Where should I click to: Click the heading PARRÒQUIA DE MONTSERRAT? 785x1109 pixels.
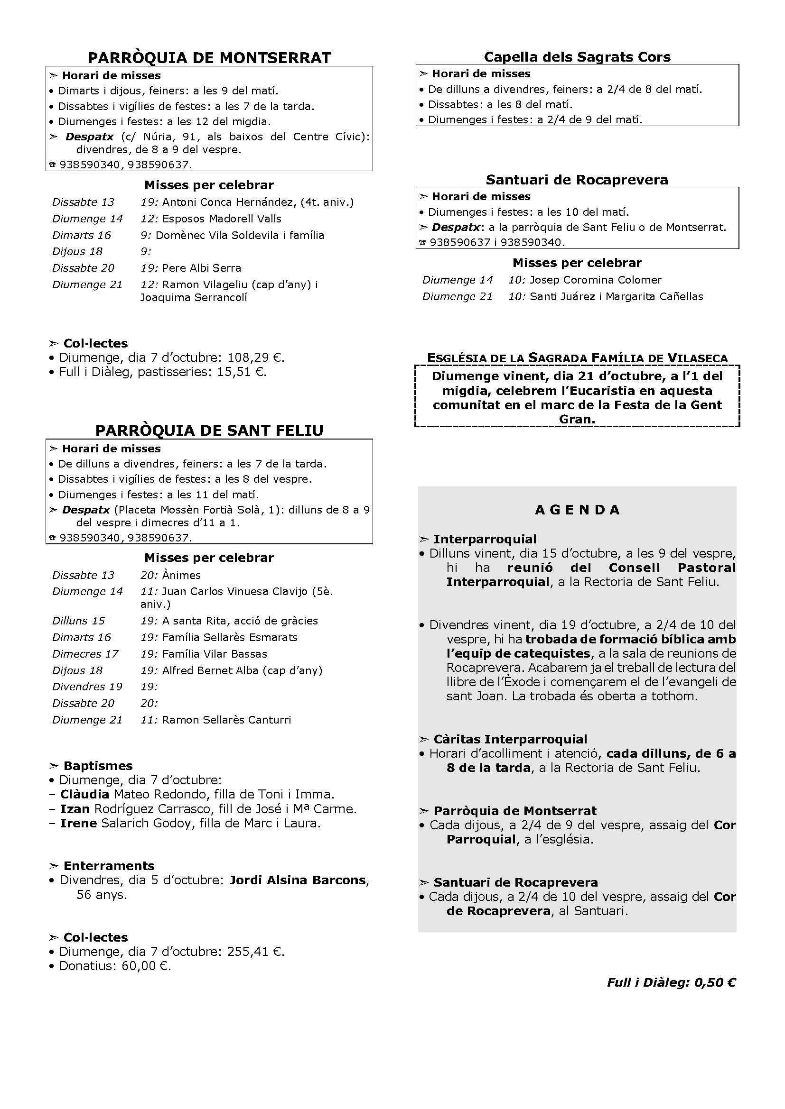(209, 58)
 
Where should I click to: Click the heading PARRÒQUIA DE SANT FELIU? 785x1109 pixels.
(209, 431)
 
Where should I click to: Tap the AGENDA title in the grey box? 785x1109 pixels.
(577, 510)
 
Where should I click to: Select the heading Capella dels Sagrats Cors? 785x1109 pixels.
(577, 57)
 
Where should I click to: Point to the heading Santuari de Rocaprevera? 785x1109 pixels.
(577, 180)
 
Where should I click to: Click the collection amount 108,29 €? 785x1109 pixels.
(255, 358)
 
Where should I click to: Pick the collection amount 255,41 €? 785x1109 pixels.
(255, 952)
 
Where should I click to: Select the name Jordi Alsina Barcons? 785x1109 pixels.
(297, 880)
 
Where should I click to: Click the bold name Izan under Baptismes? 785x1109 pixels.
(75, 808)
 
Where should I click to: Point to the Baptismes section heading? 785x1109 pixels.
(98, 766)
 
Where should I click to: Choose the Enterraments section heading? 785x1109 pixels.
(109, 866)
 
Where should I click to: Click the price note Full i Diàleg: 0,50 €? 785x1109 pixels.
(672, 982)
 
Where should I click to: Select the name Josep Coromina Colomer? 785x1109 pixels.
(596, 280)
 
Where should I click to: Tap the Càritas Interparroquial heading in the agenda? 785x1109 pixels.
(510, 739)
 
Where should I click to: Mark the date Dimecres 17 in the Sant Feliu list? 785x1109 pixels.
(85, 654)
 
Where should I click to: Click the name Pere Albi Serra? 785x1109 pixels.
(202, 268)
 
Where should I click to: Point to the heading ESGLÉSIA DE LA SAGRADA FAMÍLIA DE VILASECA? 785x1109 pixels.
(577, 358)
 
